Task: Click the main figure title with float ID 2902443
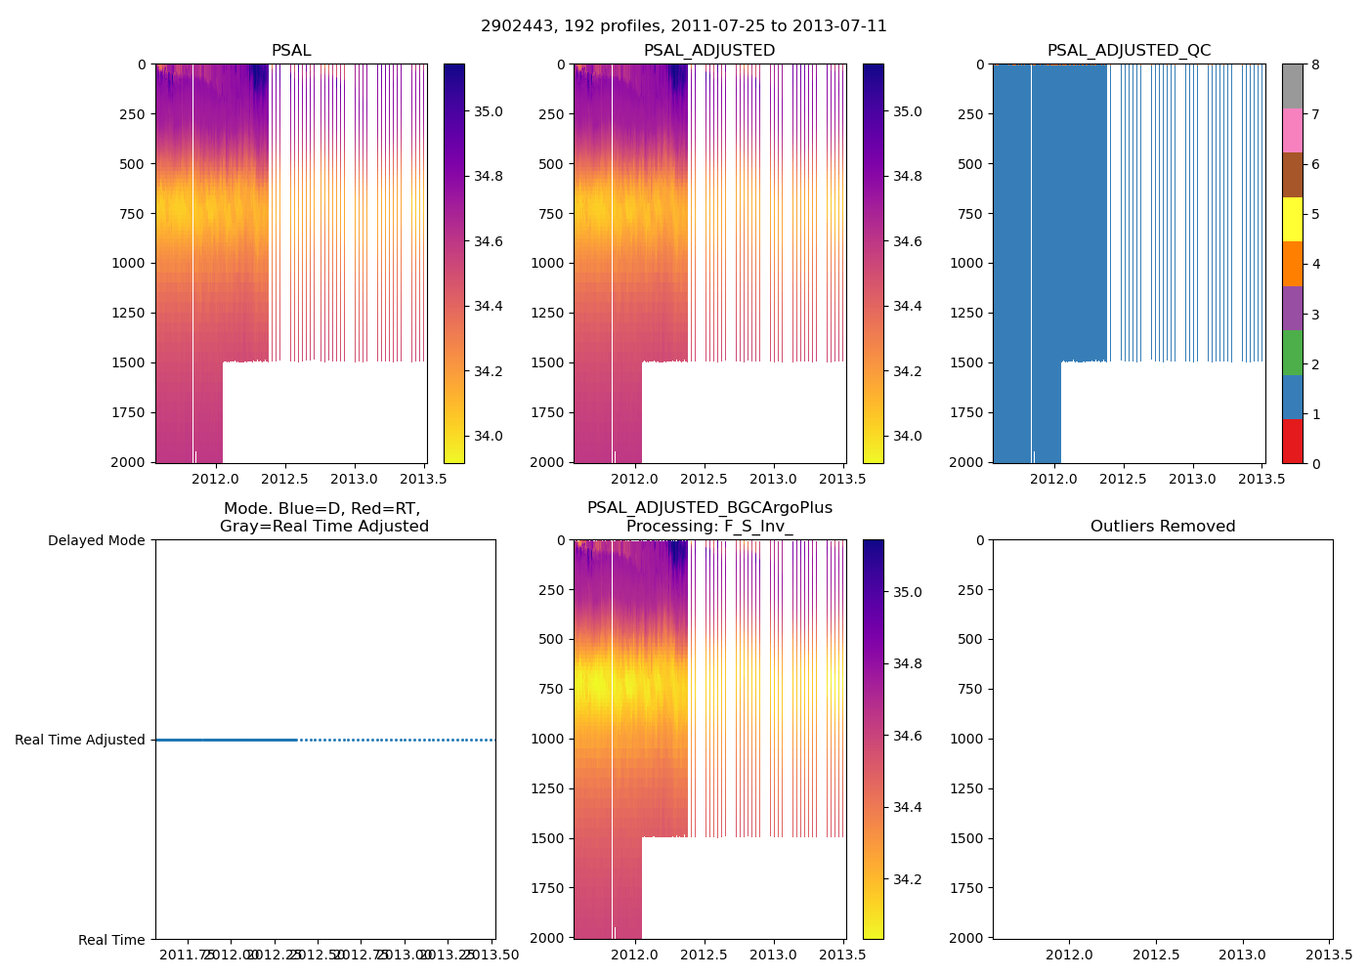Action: pyautogui.click(x=684, y=26)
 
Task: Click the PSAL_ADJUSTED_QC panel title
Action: pyautogui.click(x=1129, y=51)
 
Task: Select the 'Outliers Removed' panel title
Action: pyautogui.click(x=1163, y=527)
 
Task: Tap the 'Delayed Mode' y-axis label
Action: pyautogui.click(x=96, y=540)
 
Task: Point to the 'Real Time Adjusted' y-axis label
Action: pyautogui.click(x=80, y=740)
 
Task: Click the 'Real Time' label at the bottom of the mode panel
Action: pyautogui.click(x=111, y=940)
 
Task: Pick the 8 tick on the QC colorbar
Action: pyautogui.click(x=1315, y=64)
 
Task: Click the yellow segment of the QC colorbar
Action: pyautogui.click(x=1292, y=219)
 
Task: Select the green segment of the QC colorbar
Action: pyautogui.click(x=1292, y=353)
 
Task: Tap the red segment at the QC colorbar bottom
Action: pyautogui.click(x=1292, y=442)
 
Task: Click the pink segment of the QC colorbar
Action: pyautogui.click(x=1292, y=130)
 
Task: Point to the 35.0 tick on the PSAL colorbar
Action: pyautogui.click(x=489, y=111)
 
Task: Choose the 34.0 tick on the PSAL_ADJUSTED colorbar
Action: pyautogui.click(x=908, y=436)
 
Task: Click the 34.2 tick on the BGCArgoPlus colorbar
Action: pyautogui.click(x=908, y=879)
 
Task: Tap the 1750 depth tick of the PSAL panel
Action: pyautogui.click(x=129, y=412)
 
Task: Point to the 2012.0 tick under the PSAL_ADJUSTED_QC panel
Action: pyautogui.click(x=1053, y=480)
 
